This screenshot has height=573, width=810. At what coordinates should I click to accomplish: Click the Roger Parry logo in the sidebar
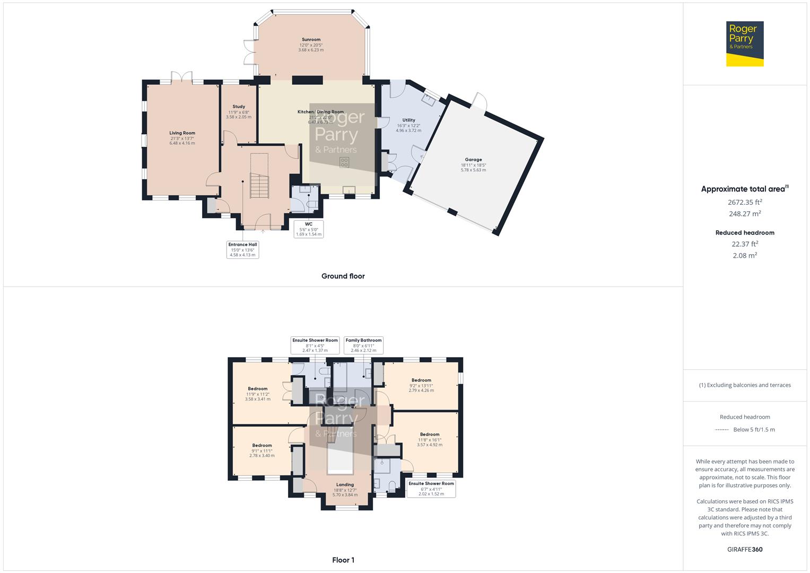(x=744, y=44)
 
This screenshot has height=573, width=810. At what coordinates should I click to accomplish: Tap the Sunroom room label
(x=311, y=40)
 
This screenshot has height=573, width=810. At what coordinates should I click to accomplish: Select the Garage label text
(x=473, y=160)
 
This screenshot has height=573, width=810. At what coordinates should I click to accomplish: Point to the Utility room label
(x=408, y=120)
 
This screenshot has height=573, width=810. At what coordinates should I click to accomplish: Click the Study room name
(x=239, y=107)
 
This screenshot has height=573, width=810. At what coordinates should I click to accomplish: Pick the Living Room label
(x=182, y=133)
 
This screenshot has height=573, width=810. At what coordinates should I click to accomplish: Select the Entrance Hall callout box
(x=242, y=249)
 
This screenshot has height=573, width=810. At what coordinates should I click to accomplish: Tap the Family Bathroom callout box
(x=363, y=345)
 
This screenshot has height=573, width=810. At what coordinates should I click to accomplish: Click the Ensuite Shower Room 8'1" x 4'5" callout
(x=315, y=345)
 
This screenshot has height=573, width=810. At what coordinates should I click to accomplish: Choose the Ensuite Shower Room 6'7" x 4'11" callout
(x=431, y=489)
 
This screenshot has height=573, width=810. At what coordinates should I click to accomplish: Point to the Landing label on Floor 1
(x=345, y=484)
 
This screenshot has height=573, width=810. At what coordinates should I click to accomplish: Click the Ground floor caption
(x=343, y=276)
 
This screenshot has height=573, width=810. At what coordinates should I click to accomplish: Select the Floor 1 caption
(x=343, y=560)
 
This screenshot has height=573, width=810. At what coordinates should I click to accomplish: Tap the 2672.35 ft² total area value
(x=744, y=202)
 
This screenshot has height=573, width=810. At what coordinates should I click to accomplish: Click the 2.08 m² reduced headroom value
(x=744, y=255)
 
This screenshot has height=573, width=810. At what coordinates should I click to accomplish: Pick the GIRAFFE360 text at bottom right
(x=744, y=549)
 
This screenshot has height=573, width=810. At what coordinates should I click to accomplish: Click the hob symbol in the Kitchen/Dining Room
(x=344, y=162)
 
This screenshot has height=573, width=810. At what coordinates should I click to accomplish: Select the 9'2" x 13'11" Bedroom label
(x=421, y=380)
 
